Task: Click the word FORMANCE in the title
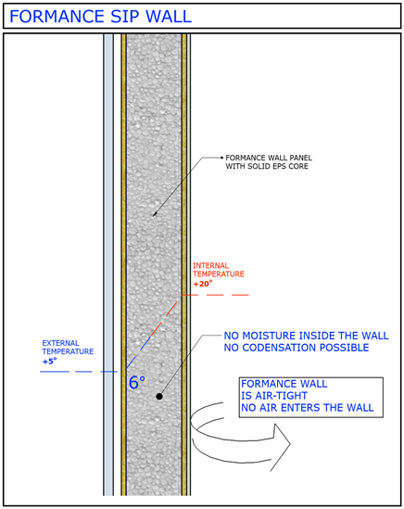tap(57, 17)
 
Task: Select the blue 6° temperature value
tap(137, 382)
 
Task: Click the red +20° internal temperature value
tap(203, 284)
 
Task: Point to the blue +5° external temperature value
tap(49, 361)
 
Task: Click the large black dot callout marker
tap(159, 396)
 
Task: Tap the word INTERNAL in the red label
tap(211, 265)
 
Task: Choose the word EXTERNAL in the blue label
tap(60, 343)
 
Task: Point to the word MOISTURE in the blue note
tap(271, 336)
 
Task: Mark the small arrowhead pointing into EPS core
tap(155, 214)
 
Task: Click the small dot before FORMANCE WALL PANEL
tap(222, 158)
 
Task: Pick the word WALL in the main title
tap(169, 17)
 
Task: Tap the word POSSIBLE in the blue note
tap(345, 348)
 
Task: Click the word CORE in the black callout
tap(299, 166)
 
